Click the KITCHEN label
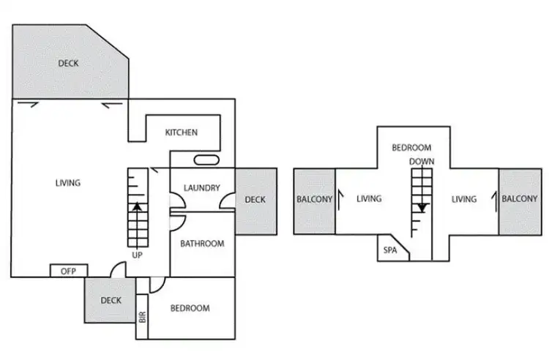[181, 132]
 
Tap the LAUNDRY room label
[202, 188]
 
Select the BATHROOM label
[202, 244]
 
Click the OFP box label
[68, 271]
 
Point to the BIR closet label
[142, 317]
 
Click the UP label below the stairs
[137, 255]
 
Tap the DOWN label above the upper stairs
[422, 161]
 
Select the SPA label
[390, 250]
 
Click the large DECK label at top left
[68, 64]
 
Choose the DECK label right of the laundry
[255, 199]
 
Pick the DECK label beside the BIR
[111, 300]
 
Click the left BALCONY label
[314, 199]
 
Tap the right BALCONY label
[520, 199]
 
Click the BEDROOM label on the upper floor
[411, 147]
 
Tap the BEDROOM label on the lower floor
[190, 308]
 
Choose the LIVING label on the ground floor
[68, 183]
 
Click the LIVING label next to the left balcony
[369, 199]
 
